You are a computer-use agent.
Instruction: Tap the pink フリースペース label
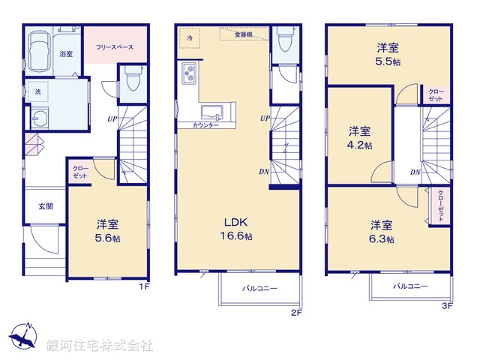point(115,47)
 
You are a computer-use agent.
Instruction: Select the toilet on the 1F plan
point(132,77)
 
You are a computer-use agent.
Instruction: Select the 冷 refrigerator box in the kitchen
point(190,37)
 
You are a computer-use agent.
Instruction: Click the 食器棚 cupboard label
point(242,34)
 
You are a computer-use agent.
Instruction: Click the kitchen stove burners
point(187,74)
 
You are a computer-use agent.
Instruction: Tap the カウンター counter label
point(205,125)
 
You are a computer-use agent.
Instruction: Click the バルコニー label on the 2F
point(259,288)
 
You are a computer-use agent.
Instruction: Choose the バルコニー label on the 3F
point(410,286)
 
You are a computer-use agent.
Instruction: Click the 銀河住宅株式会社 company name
point(100,346)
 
